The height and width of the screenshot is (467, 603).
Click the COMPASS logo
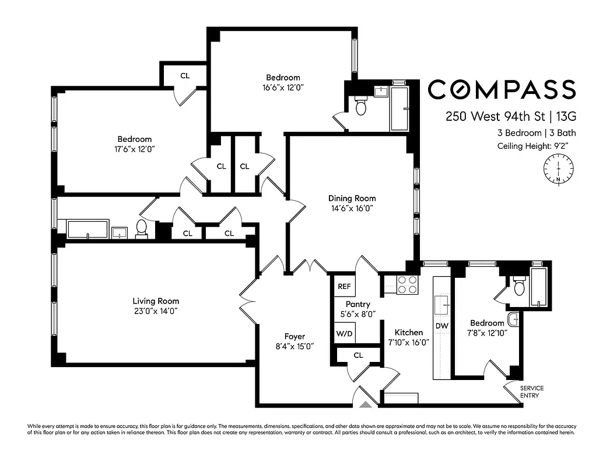pyautogui.click(x=502, y=89)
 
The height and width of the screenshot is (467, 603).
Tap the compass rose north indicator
pyautogui.click(x=559, y=169)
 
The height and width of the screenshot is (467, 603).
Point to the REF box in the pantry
pyautogui.click(x=344, y=287)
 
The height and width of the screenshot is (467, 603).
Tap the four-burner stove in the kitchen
pyautogui.click(x=408, y=284)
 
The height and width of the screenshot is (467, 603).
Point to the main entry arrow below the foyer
pyautogui.click(x=366, y=403)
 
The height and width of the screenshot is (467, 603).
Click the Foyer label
pyautogui.click(x=295, y=336)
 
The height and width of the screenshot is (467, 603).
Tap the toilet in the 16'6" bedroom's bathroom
pyautogui.click(x=360, y=107)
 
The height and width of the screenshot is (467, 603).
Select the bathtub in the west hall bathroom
pyautogui.click(x=88, y=228)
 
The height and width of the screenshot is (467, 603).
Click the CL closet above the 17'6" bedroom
pyautogui.click(x=184, y=75)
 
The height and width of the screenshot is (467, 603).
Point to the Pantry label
pyautogui.click(x=357, y=304)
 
